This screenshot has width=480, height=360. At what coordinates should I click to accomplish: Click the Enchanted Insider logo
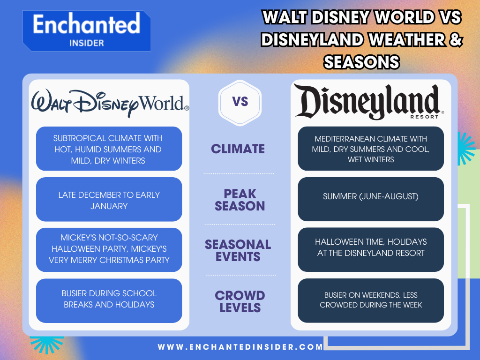[87, 30]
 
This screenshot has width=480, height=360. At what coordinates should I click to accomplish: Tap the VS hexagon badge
[240, 102]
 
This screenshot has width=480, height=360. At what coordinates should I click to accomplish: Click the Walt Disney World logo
[110, 103]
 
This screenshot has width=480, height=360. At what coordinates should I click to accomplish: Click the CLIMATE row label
[238, 149]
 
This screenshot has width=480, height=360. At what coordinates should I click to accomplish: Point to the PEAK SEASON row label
[240, 200]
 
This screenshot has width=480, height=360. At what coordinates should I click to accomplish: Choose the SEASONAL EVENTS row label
[238, 250]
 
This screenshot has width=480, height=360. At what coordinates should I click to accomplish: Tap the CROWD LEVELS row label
[240, 301]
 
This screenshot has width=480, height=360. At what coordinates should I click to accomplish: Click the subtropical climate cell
[109, 149]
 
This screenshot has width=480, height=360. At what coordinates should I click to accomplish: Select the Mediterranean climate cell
[370, 149]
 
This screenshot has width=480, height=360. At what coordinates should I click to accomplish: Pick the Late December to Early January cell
[109, 200]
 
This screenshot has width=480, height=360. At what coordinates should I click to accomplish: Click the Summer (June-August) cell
[370, 197]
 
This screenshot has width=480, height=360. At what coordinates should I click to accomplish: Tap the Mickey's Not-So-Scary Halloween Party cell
[109, 249]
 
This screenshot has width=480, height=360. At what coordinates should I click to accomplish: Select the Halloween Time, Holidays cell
[370, 247]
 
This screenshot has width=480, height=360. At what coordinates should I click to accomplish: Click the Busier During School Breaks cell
[109, 299]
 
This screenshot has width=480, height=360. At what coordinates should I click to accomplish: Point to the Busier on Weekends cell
[370, 300]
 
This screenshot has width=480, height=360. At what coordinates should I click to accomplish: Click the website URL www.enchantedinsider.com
[240, 347]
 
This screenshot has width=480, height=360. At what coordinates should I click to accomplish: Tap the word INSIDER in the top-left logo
[86, 43]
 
